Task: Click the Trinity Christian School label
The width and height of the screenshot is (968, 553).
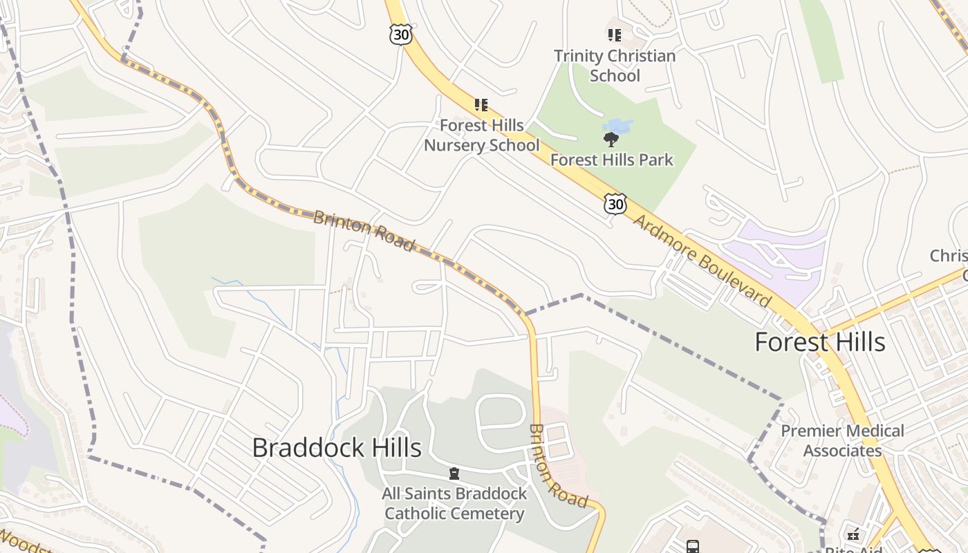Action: tap(615, 66)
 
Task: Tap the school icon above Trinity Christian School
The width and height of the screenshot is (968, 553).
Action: tap(614, 35)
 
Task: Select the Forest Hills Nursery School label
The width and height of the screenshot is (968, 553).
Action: tap(481, 135)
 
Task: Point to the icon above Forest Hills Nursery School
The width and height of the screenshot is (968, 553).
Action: tap(481, 105)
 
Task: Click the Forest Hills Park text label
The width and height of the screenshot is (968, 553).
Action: tap(611, 160)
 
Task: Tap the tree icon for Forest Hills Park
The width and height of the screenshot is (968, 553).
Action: tap(611, 140)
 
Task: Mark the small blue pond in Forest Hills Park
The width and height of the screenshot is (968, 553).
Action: tap(617, 126)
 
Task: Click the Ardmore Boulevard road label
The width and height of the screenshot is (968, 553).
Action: tap(701, 261)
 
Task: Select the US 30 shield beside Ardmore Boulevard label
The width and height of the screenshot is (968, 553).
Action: tap(614, 203)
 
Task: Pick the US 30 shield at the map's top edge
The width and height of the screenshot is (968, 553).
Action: tap(400, 35)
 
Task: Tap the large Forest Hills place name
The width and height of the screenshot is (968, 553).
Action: tap(819, 342)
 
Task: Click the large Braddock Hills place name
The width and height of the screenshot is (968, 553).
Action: tap(337, 447)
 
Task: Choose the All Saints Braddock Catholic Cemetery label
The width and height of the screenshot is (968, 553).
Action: tap(454, 504)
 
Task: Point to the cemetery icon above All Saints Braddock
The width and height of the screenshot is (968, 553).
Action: tap(454, 474)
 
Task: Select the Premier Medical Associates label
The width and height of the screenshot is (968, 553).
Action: tap(842, 441)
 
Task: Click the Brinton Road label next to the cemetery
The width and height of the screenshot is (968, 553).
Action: tap(557, 466)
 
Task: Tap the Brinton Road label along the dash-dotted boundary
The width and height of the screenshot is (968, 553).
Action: tap(364, 232)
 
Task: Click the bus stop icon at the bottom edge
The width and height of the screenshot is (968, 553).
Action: tap(693, 547)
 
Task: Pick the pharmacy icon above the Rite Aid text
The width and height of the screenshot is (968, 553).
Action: tap(853, 534)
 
